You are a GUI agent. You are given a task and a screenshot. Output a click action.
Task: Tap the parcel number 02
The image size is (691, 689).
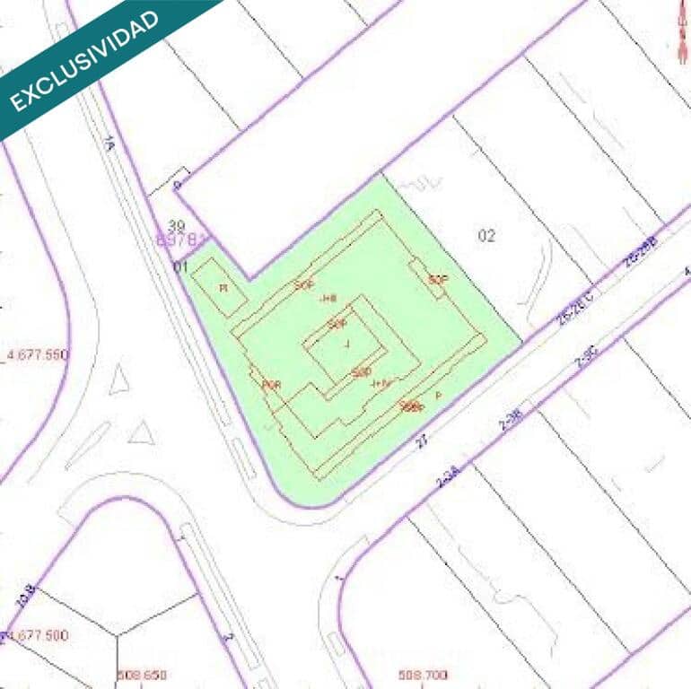tap(486, 236)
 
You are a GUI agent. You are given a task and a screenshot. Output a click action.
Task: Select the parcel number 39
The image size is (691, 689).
tap(177, 225)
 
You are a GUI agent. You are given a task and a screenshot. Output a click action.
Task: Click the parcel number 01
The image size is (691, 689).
tap(180, 266)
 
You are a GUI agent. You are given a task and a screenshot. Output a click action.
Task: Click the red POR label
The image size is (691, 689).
tap(272, 385)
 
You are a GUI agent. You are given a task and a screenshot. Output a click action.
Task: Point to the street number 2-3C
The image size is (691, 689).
tap(585, 359)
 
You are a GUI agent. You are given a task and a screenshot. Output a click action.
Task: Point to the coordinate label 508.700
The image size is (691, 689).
tap(423, 676)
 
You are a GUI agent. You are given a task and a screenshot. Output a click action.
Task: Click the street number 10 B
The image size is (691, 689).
tap(25, 595)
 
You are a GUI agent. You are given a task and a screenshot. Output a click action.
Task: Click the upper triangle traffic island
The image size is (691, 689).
tap(118, 381)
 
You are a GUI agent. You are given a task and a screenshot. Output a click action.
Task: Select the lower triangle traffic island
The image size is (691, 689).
tap(141, 434)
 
